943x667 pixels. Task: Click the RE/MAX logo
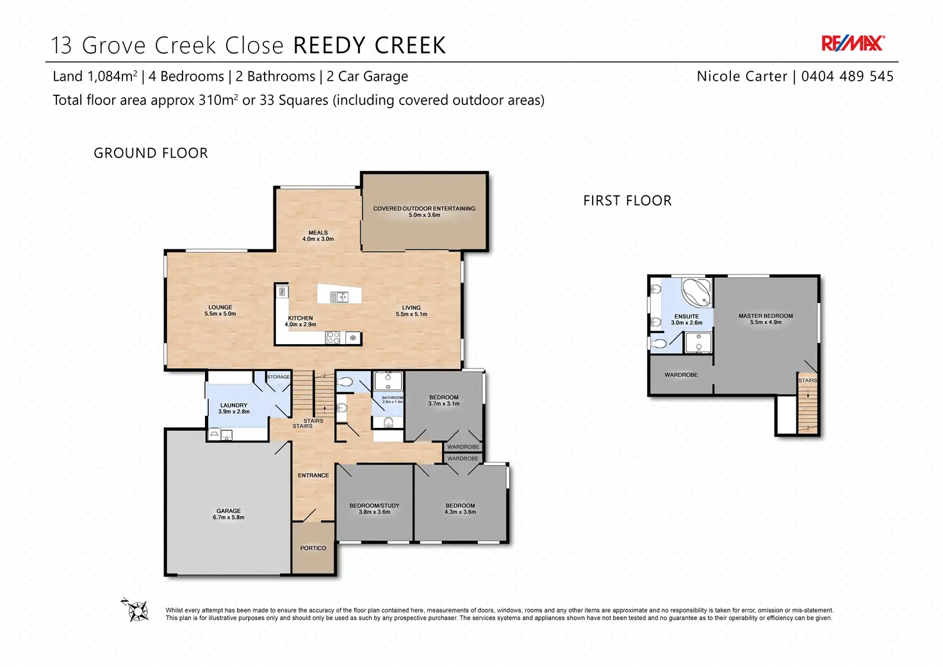(853, 44)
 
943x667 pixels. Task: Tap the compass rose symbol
(136, 609)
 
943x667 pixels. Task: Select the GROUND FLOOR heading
(151, 153)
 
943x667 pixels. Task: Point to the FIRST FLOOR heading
(627, 201)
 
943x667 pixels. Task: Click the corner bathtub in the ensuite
(697, 292)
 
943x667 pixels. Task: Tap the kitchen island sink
(339, 297)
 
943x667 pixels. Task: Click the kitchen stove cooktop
(333, 337)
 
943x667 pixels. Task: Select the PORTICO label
(313, 548)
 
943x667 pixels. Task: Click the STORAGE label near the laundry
(278, 377)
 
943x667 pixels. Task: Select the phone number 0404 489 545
(847, 76)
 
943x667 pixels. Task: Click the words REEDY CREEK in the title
(369, 45)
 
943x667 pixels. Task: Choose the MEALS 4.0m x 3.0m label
(318, 236)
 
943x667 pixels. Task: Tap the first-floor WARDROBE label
(681, 375)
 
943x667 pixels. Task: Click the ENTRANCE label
(313, 475)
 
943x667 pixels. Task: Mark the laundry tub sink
(227, 435)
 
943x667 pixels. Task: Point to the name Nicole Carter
(742, 76)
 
